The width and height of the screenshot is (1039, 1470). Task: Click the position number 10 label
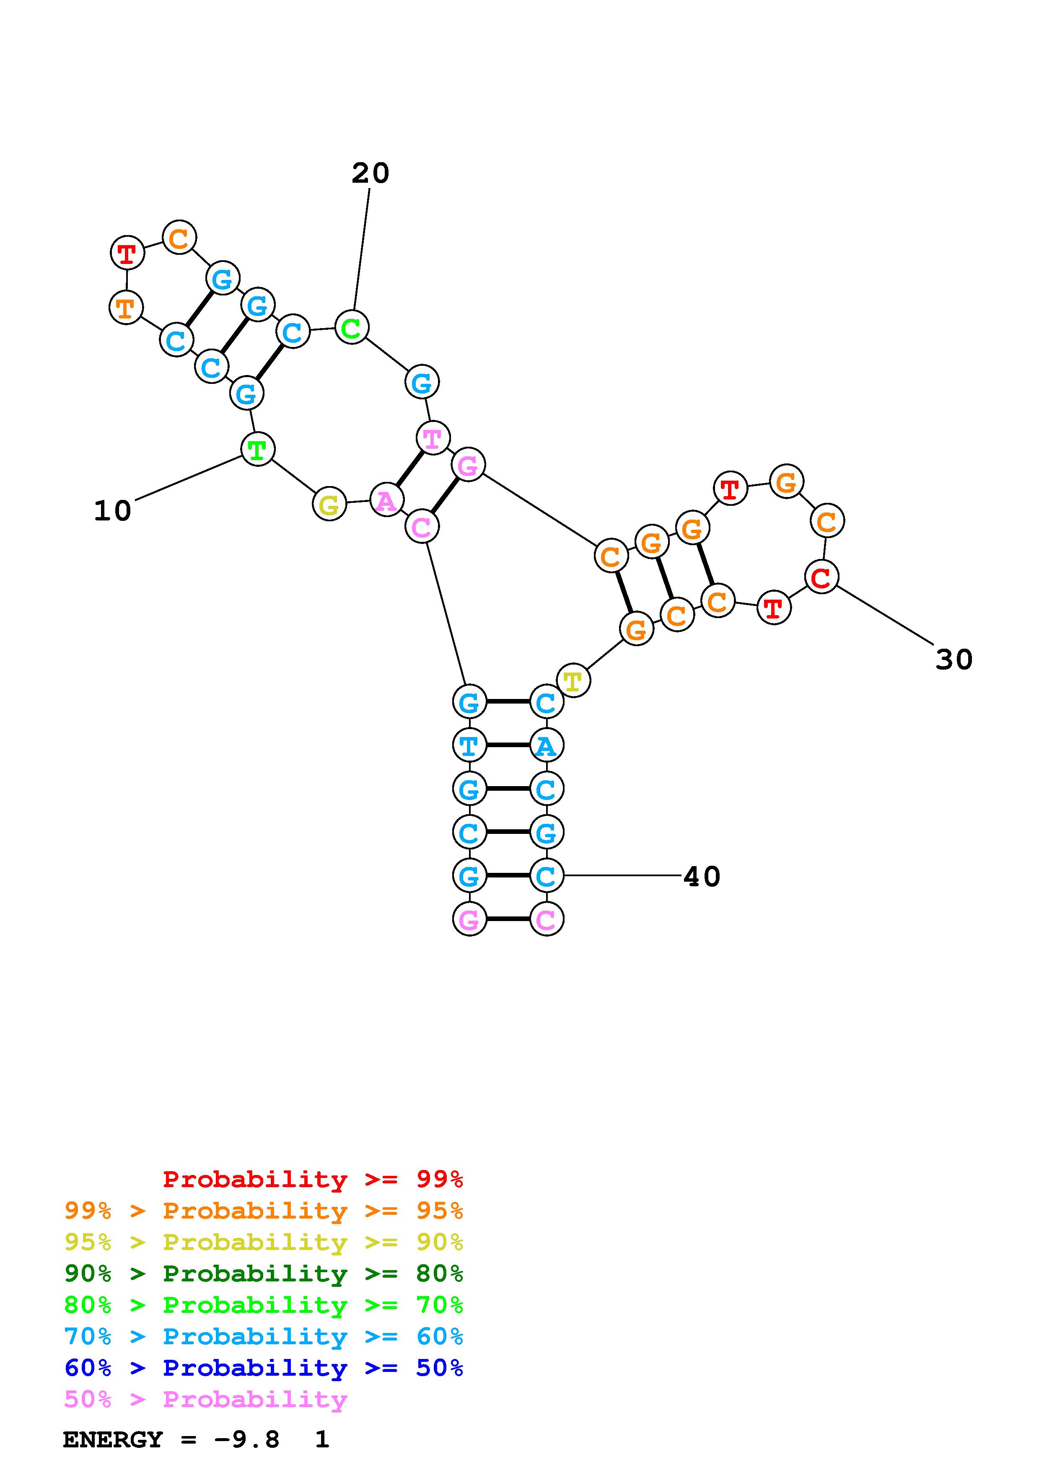coord(113,511)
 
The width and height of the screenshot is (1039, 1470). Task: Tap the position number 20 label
coord(370,173)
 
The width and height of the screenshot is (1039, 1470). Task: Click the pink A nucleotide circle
coord(386,501)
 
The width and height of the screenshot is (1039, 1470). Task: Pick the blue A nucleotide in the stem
coord(546,746)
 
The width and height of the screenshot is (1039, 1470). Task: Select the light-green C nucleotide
coord(352,327)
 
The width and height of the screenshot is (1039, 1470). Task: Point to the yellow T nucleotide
coord(573,680)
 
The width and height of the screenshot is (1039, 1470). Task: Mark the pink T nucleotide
coord(433,439)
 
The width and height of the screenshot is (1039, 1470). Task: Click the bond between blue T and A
coord(508,745)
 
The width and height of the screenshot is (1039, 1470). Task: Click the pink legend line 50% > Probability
coord(205,1400)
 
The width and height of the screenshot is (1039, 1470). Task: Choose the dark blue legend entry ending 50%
coord(263,1368)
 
